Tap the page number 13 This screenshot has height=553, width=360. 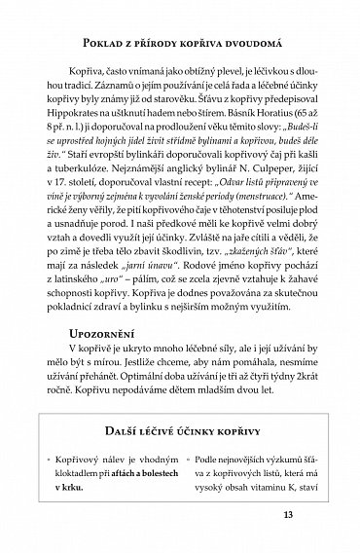(x=288, y=515)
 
